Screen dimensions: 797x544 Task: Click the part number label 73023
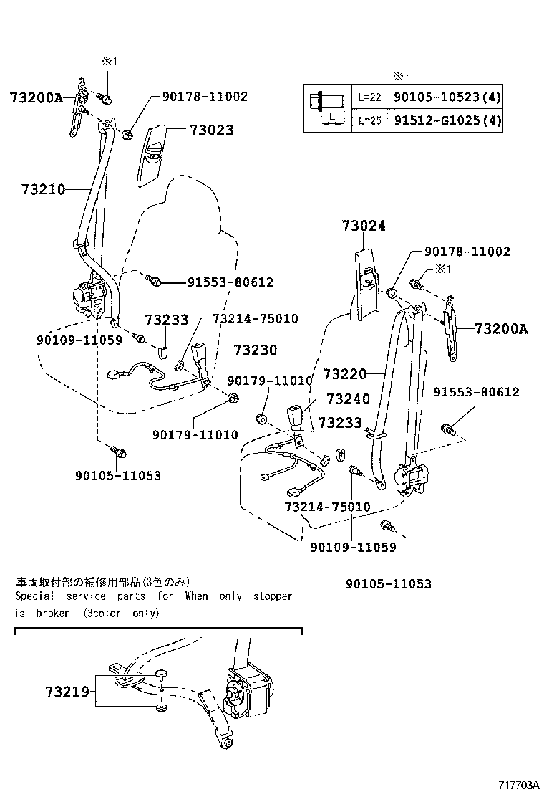(211, 130)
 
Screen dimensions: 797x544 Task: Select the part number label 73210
(43, 190)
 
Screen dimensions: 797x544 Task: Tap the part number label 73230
(255, 350)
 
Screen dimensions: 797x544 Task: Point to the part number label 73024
(363, 226)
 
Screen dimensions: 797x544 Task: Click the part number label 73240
(348, 399)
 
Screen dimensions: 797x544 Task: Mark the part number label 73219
(67, 692)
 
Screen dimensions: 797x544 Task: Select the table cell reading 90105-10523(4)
(445, 97)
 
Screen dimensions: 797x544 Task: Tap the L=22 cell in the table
(369, 97)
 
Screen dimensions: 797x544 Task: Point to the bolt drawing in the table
(327, 108)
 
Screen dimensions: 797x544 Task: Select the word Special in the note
(35, 596)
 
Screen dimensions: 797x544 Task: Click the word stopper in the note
(272, 596)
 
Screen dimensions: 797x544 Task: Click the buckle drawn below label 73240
(298, 420)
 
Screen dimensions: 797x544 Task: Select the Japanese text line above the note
(104, 581)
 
